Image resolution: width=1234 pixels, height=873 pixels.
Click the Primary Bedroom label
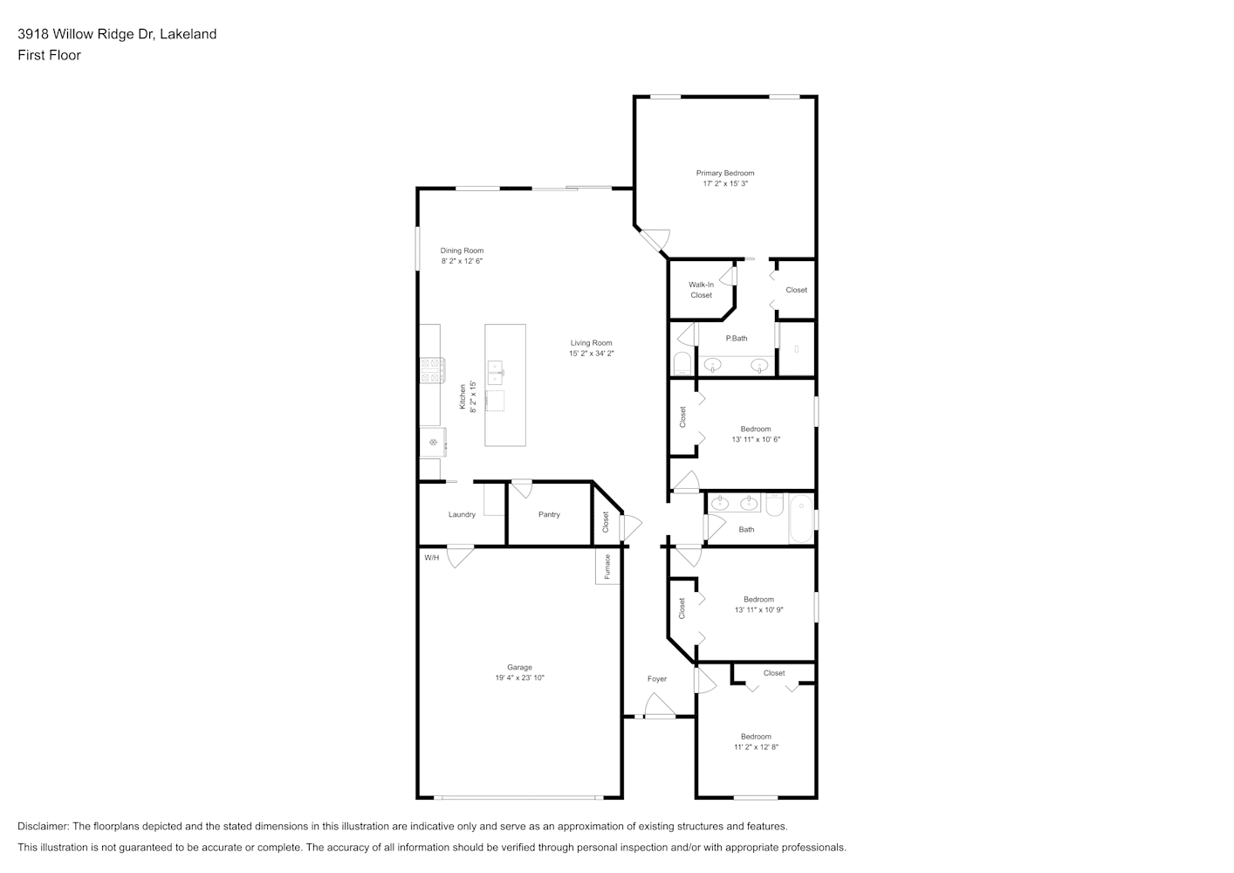pyautogui.click(x=725, y=173)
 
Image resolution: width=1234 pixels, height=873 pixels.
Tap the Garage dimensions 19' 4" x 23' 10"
pyautogui.click(x=519, y=678)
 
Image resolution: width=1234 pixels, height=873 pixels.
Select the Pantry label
pyautogui.click(x=549, y=514)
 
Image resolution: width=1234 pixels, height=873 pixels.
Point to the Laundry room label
pyautogui.click(x=462, y=514)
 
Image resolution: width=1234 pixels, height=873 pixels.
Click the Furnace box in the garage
pyautogui.click(x=607, y=567)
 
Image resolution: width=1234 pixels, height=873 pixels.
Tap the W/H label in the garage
pyautogui.click(x=432, y=558)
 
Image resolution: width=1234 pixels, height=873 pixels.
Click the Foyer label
pyautogui.click(x=656, y=679)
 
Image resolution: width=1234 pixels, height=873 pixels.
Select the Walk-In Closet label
pyautogui.click(x=702, y=290)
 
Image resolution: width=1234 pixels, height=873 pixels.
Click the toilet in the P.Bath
pyautogui.click(x=682, y=364)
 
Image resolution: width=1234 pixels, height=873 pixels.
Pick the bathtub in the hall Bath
pyautogui.click(x=801, y=519)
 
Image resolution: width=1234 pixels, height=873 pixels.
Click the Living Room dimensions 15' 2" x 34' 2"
pyautogui.click(x=591, y=354)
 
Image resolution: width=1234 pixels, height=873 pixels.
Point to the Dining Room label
pyautogui.click(x=462, y=251)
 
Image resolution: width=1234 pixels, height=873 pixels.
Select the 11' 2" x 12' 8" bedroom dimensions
pyautogui.click(x=756, y=746)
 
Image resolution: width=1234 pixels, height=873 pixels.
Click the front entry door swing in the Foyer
pyautogui.click(x=660, y=705)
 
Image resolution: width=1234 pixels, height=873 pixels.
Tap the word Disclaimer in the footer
pyautogui.click(x=43, y=826)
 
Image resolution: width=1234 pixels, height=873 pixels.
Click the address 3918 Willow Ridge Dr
pyautogui.click(x=86, y=34)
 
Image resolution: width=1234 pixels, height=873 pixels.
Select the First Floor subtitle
pyautogui.click(x=49, y=55)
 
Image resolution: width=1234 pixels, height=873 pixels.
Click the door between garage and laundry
pyautogui.click(x=460, y=556)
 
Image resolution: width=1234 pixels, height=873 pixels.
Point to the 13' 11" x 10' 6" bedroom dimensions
pyautogui.click(x=756, y=439)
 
